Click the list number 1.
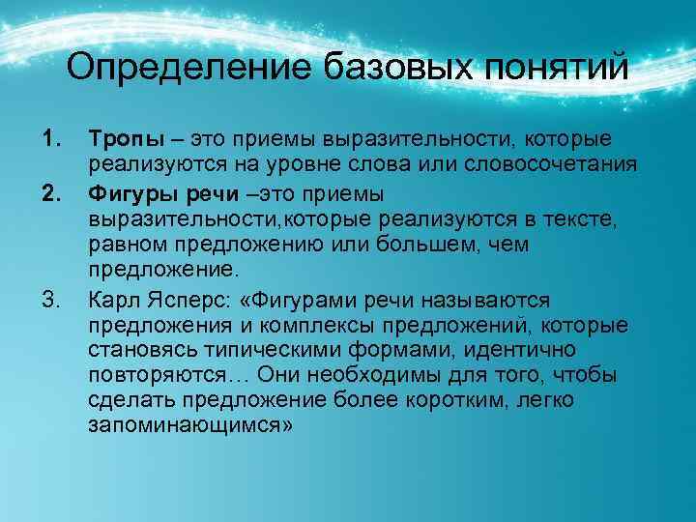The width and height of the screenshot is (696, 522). [x=49, y=142]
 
